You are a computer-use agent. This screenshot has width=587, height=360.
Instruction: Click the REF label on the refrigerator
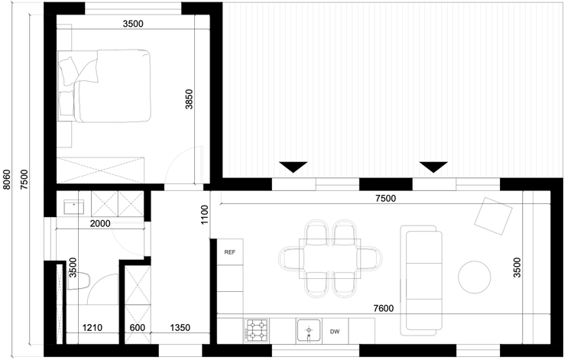230,252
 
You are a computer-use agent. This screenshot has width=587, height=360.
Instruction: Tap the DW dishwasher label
335,332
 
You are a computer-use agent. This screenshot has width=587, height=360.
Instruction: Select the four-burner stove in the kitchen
257,330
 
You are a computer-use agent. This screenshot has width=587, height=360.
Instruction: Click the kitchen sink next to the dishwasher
309,331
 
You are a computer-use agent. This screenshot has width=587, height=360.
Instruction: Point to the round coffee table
475,277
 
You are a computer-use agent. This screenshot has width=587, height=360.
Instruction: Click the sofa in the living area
421,281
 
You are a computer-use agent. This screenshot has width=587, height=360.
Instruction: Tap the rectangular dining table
330,258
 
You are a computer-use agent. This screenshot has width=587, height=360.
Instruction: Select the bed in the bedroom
105,86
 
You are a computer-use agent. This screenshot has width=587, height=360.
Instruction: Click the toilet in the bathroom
79,281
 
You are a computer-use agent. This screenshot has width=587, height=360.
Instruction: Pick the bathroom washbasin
73,206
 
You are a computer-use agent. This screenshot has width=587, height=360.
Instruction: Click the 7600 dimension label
384,308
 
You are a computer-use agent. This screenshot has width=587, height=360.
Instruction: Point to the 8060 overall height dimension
7,180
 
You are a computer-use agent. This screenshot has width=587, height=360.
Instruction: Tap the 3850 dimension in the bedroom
189,99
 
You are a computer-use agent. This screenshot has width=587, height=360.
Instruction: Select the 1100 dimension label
204,215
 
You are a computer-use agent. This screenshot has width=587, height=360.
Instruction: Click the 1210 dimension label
92,328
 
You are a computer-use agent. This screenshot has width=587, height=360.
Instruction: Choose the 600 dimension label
138,328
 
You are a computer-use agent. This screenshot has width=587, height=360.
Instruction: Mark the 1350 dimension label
180,328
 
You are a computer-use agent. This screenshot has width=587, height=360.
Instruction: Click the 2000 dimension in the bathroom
100,224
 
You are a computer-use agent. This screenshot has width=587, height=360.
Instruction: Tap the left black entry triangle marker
293,167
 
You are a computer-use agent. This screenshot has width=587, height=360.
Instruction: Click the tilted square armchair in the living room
493,216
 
